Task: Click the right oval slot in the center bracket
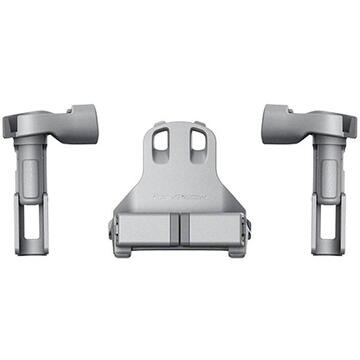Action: click(197, 147)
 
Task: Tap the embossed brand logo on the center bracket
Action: click(181, 198)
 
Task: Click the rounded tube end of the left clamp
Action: click(85, 123)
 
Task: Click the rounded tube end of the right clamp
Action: click(275, 123)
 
